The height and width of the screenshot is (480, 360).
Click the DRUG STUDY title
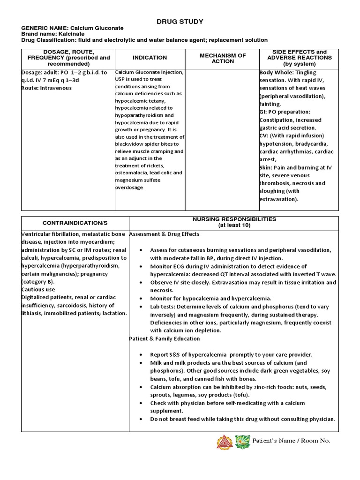pos(180,22)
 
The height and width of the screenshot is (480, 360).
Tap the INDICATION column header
pos(150,58)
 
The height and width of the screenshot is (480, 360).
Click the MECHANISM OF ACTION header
pos(222,58)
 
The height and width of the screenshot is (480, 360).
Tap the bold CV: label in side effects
pos(264,136)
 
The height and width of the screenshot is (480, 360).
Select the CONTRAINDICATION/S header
pos(75,223)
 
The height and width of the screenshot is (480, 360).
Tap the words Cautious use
pos(38,290)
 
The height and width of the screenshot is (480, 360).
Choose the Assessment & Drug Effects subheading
pos(164,234)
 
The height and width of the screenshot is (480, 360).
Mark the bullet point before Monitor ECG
pos(142,266)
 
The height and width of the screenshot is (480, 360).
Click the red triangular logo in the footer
pos(224,442)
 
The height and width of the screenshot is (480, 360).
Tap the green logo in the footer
pos(242,442)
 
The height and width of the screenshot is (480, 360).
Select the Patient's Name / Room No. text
pos(291,441)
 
